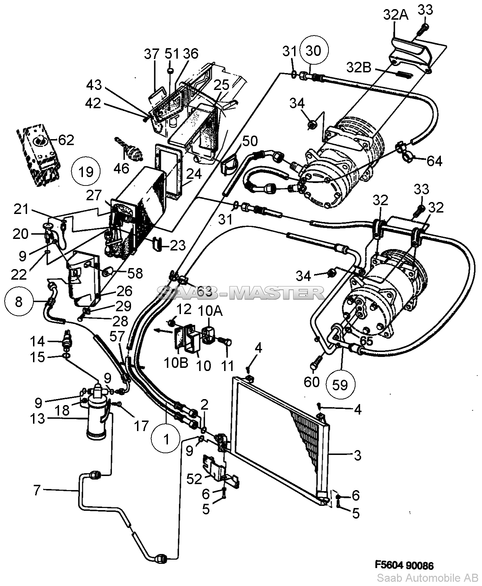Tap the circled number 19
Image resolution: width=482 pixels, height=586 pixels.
86,172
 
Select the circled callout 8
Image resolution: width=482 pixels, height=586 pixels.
19,301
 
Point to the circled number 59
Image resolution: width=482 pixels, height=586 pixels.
340,385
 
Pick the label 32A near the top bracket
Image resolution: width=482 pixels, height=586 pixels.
396,15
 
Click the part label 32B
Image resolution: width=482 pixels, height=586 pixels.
358,67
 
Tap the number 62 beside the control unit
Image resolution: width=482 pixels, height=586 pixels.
66,140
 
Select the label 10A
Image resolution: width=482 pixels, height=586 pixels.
210,311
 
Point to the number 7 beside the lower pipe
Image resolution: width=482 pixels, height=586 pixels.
37,490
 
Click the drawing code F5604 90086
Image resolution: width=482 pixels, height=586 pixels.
404,565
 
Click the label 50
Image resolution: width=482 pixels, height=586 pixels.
250,141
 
